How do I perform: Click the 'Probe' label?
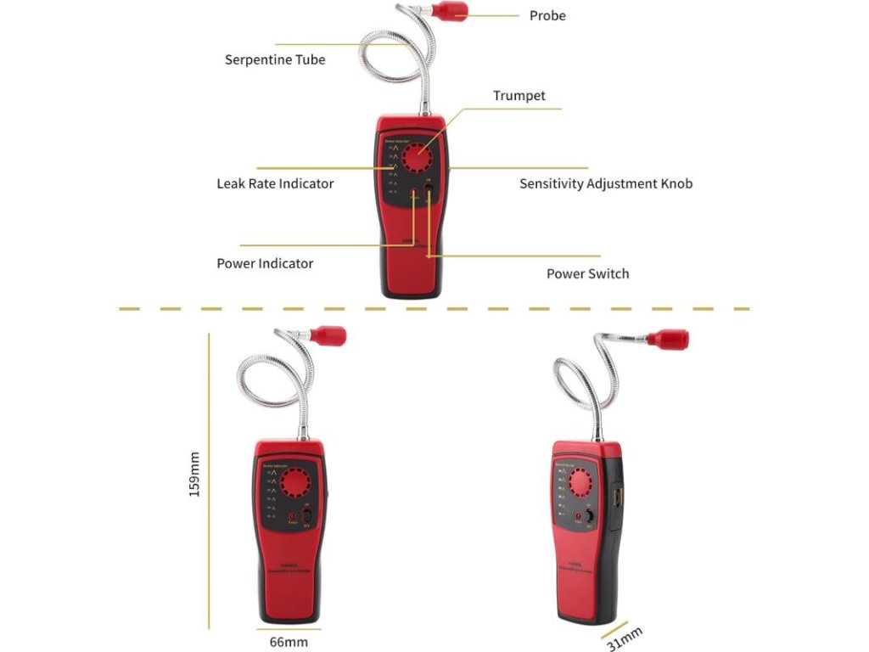point(547,15)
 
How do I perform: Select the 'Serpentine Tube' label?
point(274,59)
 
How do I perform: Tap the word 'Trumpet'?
point(519,96)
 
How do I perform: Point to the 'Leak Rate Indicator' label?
point(275,183)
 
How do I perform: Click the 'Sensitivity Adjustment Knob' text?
point(606,183)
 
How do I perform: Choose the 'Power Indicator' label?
point(265,263)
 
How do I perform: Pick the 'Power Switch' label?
point(587,273)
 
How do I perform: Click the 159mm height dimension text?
point(194,474)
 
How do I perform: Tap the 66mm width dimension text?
point(288,642)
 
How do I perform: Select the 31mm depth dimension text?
point(625,638)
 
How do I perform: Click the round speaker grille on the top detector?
point(417,158)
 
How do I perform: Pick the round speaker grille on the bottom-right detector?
point(580,482)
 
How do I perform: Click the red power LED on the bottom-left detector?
point(293,515)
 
